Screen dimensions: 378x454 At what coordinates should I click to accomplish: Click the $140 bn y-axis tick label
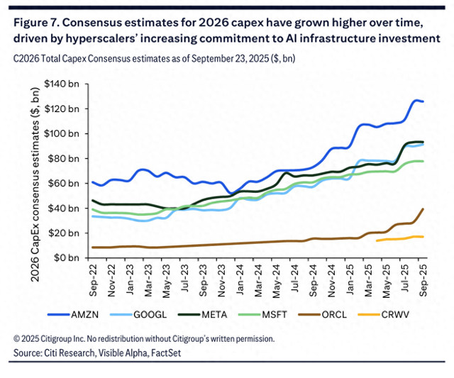60,84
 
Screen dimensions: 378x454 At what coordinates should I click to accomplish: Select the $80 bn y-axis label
62,158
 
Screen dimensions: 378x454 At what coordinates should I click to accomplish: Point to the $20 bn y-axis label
62,233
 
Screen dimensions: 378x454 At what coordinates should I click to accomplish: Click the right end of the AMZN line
423,102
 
